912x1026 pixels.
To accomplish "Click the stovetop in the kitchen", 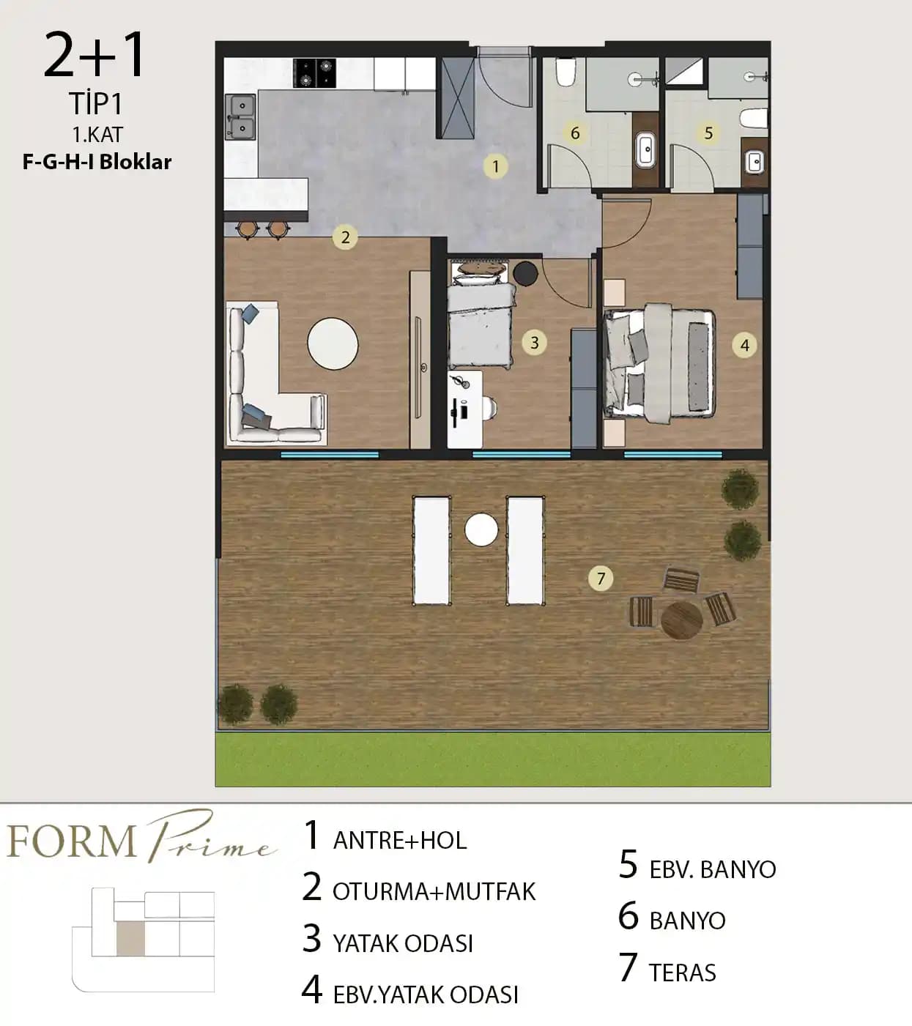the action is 315,73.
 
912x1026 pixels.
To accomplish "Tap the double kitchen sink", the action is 240,116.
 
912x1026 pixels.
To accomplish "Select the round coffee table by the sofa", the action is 333,343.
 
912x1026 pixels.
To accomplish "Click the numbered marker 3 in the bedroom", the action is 535,342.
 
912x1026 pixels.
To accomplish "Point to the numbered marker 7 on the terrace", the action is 601,578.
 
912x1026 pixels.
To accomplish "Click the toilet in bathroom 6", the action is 565,72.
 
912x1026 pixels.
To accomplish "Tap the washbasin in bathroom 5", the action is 755,162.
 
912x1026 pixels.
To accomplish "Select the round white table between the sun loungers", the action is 481,529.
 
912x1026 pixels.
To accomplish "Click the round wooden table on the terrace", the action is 682,620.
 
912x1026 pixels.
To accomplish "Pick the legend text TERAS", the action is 683,973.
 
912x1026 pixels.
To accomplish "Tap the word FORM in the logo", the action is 72,841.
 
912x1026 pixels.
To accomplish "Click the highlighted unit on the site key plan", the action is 130,938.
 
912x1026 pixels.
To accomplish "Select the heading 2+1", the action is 94,55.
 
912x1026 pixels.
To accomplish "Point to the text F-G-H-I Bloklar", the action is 97,162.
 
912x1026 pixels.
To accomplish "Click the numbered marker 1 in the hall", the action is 495,166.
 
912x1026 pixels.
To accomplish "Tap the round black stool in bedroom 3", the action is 525,273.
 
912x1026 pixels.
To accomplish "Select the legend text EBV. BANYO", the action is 713,869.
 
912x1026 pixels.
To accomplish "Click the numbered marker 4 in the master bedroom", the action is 745,346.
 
